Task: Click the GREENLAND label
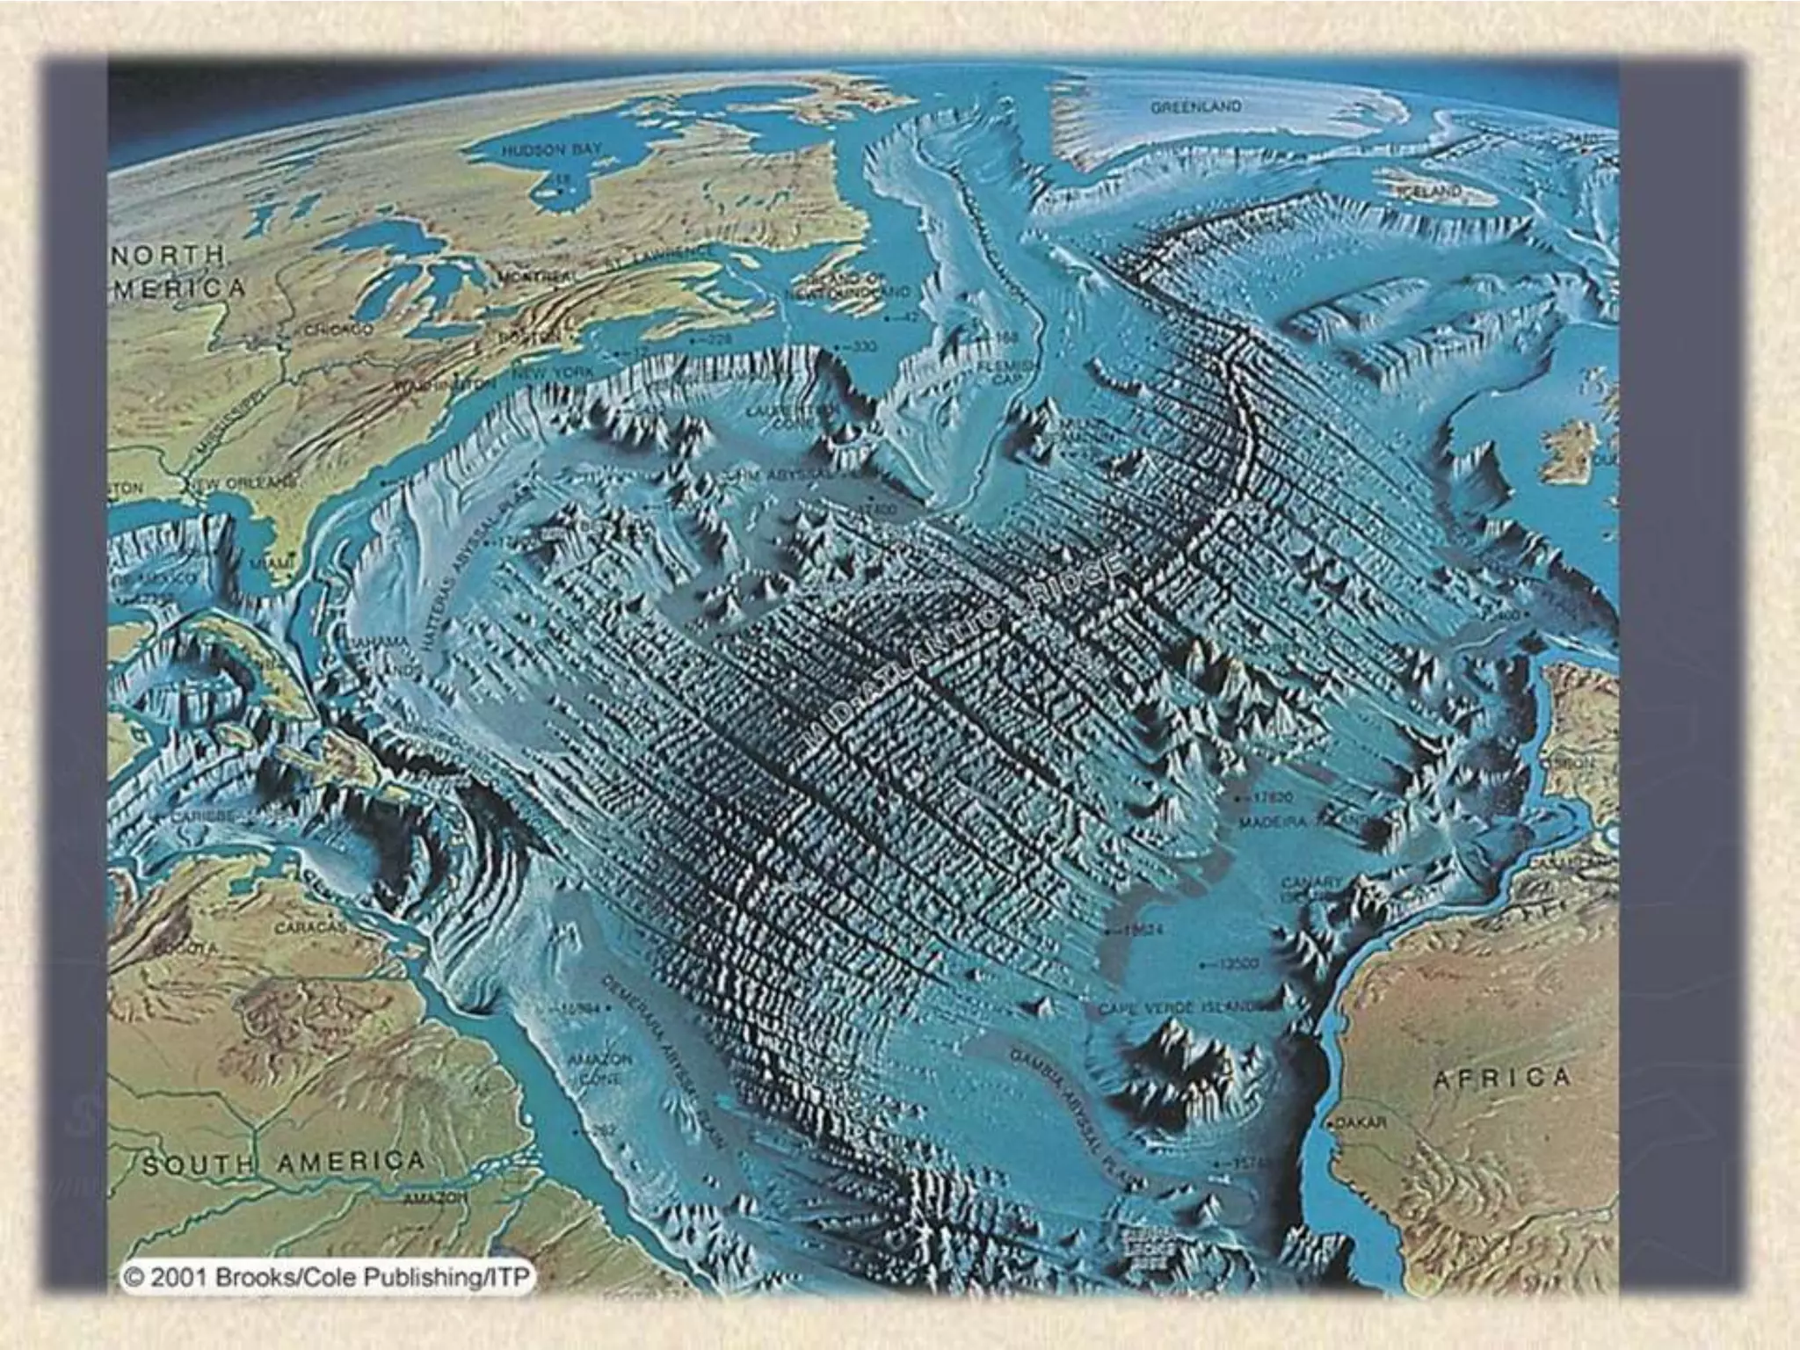(x=1196, y=106)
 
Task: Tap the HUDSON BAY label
(x=551, y=150)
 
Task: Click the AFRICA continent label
(x=1501, y=1078)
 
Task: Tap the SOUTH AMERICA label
(x=283, y=1163)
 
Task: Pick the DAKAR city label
(x=1361, y=1123)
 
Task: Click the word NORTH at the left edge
(x=168, y=256)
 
